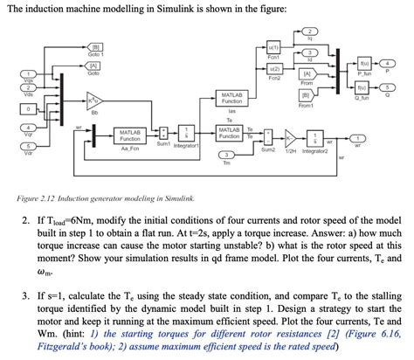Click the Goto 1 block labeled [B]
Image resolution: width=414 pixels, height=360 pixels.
pos(96,47)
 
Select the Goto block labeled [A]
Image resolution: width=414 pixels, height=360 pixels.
pos(93,66)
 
